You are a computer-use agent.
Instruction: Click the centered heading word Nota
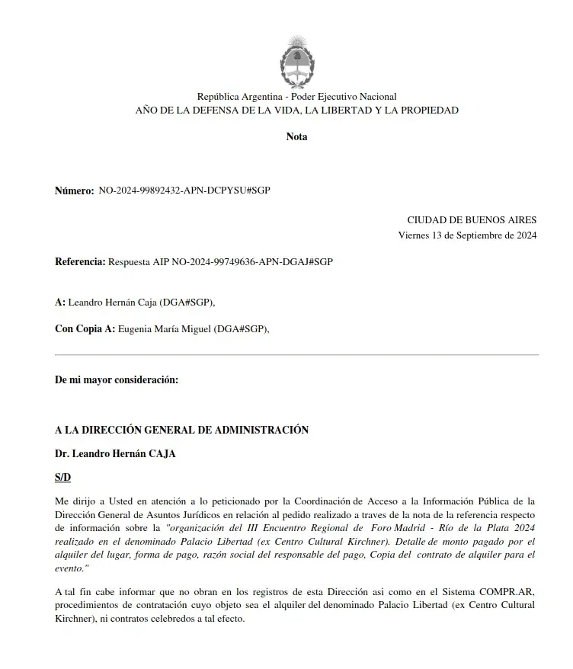[x=296, y=137]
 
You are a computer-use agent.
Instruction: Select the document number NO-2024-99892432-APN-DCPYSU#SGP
[x=184, y=190]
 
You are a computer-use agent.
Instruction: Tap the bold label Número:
[x=74, y=190]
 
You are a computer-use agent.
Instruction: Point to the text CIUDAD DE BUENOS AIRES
[x=472, y=219]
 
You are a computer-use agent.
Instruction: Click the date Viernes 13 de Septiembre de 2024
[x=467, y=235]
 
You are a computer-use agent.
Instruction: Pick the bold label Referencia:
[x=80, y=261]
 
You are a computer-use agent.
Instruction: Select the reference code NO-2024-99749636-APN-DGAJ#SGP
[x=252, y=261]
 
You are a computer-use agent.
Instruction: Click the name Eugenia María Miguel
[x=165, y=329]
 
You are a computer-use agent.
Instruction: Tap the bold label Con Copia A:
[x=85, y=329]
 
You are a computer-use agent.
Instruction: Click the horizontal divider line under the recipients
[x=296, y=355]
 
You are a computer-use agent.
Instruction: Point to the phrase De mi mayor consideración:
[x=117, y=379]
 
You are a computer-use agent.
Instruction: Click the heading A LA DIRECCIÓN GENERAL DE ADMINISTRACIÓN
[x=181, y=430]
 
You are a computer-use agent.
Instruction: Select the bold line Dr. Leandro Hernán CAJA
[x=115, y=453]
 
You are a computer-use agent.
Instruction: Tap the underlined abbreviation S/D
[x=62, y=477]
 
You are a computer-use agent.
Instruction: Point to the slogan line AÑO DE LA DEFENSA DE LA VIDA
[x=296, y=110]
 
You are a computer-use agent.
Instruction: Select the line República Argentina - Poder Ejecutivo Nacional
[x=296, y=97]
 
